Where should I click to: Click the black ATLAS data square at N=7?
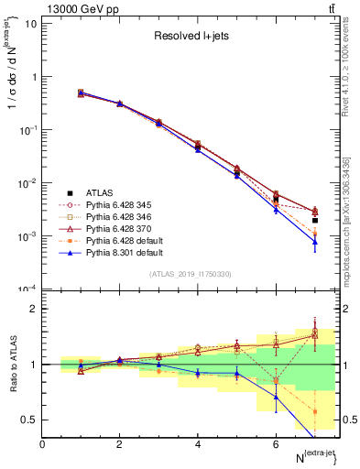tap(314, 220)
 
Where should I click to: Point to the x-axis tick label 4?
tap(198, 443)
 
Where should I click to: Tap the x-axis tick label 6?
tap(276, 443)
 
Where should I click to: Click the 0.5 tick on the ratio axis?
tap(28, 420)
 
